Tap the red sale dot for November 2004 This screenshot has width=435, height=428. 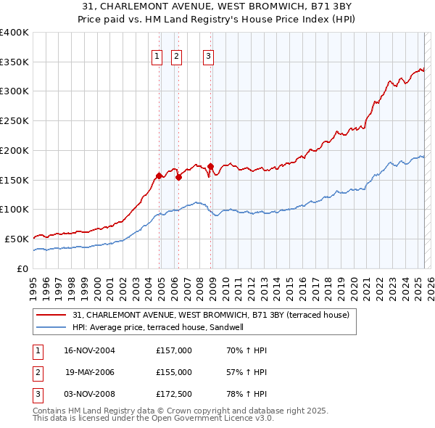point(159,175)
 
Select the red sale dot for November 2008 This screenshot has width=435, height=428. point(210,166)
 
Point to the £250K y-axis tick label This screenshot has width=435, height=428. point(14,121)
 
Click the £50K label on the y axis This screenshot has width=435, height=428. point(17,239)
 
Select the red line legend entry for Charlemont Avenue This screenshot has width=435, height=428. point(211,315)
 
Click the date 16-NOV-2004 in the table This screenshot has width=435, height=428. point(89,350)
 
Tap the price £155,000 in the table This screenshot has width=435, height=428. point(173,372)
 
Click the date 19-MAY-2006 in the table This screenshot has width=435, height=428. point(89,372)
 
